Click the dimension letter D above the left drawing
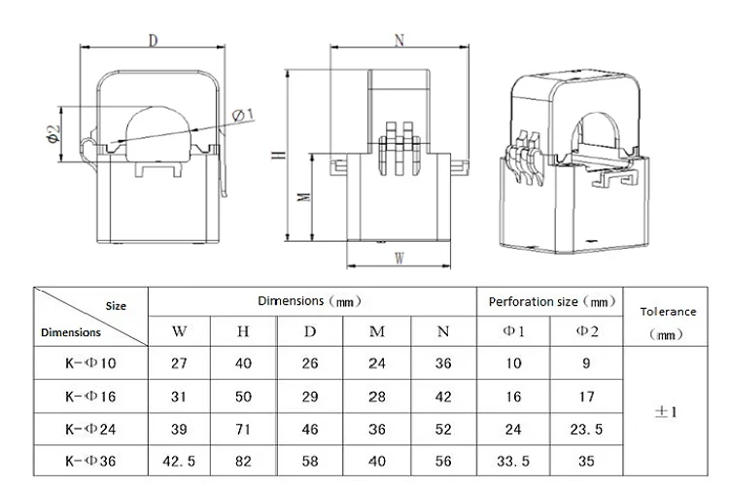[154, 40]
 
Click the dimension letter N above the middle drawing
[399, 40]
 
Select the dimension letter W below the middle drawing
[399, 258]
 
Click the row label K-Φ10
[90, 364]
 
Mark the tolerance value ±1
[667, 411]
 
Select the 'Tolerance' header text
[668, 311]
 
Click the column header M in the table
[377, 331]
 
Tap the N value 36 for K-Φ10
[443, 364]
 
